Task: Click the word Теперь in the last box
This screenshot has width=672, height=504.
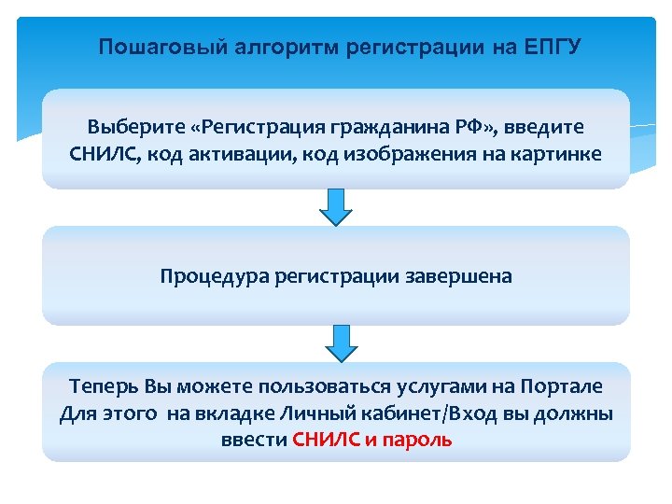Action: coord(104,386)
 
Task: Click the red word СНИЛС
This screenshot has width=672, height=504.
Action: coord(322,440)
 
